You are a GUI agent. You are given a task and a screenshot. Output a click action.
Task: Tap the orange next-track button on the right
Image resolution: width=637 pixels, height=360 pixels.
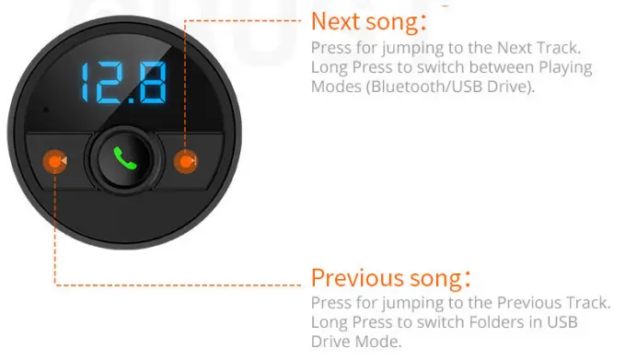pyautogui.click(x=187, y=162)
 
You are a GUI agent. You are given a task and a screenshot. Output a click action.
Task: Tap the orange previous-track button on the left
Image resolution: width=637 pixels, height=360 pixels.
pyautogui.click(x=56, y=162)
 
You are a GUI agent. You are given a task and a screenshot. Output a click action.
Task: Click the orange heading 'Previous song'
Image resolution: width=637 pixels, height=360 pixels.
pyautogui.click(x=386, y=277)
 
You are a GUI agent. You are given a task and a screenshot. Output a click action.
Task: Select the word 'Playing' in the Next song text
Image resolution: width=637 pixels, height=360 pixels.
pyautogui.click(x=565, y=68)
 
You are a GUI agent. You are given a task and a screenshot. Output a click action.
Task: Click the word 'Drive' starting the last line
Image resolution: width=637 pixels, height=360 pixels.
pyautogui.click(x=330, y=342)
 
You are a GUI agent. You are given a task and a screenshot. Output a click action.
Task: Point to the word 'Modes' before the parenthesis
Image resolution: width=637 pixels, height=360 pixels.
pyautogui.click(x=336, y=87)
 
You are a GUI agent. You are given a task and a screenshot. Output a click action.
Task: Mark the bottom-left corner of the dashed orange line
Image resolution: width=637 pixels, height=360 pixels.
pyautogui.click(x=56, y=283)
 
